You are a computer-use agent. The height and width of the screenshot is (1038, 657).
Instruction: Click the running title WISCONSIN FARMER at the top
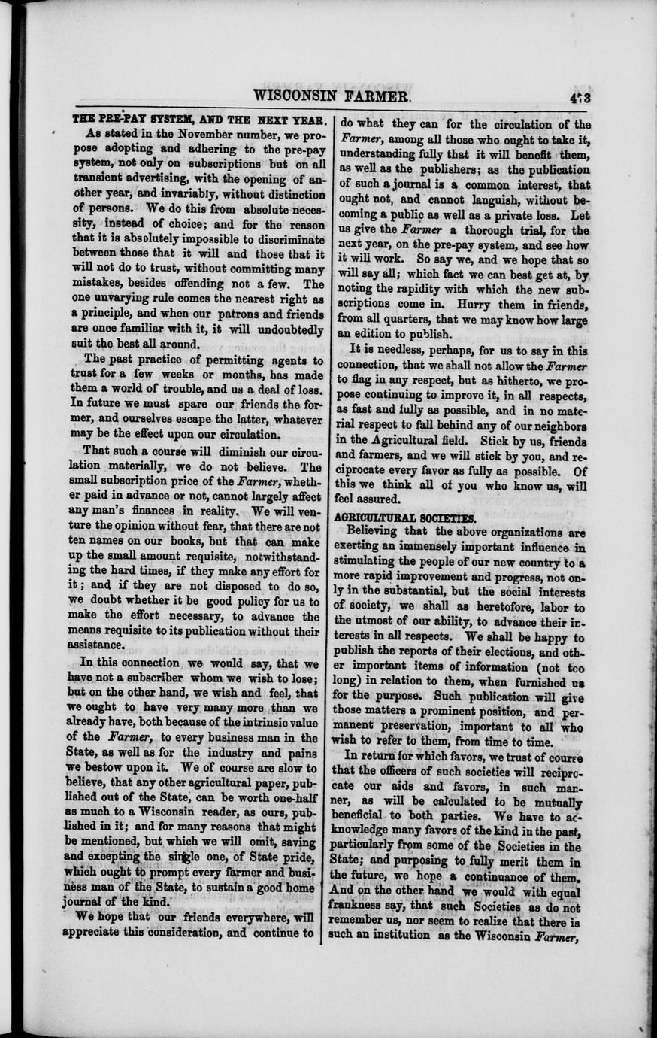pos(333,96)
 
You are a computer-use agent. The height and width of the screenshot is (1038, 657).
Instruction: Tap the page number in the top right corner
pos(578,96)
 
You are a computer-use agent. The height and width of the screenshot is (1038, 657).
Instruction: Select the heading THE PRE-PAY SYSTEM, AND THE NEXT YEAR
pos(198,120)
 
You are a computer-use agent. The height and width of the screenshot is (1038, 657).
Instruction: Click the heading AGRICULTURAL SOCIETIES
pos(404,518)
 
